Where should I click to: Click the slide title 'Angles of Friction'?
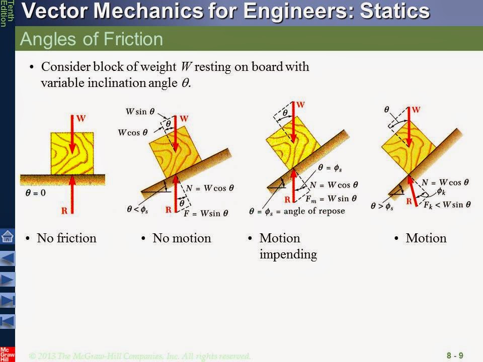pos(92,39)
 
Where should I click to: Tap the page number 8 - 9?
pos(454,356)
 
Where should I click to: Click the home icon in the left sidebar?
pos(8,236)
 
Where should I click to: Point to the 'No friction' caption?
pos(66,238)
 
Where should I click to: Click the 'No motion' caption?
pos(182,238)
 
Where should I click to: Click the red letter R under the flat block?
pos(64,211)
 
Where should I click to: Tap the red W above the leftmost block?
pos(80,119)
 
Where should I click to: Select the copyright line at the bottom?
pos(139,356)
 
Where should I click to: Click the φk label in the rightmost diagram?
pos(441,192)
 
